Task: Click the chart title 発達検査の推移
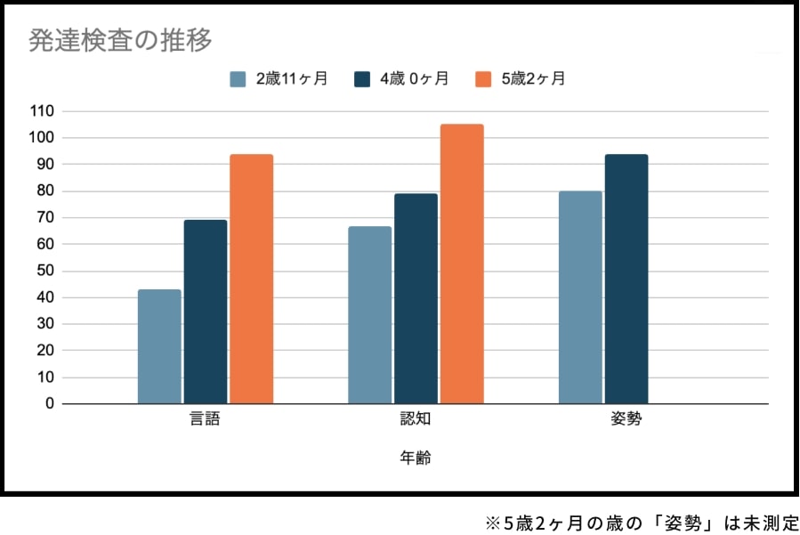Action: [120, 40]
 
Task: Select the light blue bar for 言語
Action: [159, 346]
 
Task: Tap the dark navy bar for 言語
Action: [206, 312]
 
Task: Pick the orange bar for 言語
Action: [252, 279]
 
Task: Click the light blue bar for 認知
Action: [369, 315]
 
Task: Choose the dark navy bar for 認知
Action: [416, 298]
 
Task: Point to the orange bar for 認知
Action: [462, 263]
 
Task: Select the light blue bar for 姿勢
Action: [580, 297]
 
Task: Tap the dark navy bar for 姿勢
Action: [626, 279]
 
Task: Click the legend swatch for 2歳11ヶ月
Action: [238, 78]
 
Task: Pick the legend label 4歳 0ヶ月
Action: [414, 78]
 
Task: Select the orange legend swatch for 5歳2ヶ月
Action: [483, 78]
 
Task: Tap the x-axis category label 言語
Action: [206, 419]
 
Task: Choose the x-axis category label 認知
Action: [416, 419]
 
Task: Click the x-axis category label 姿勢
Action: [626, 419]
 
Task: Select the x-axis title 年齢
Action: [416, 458]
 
